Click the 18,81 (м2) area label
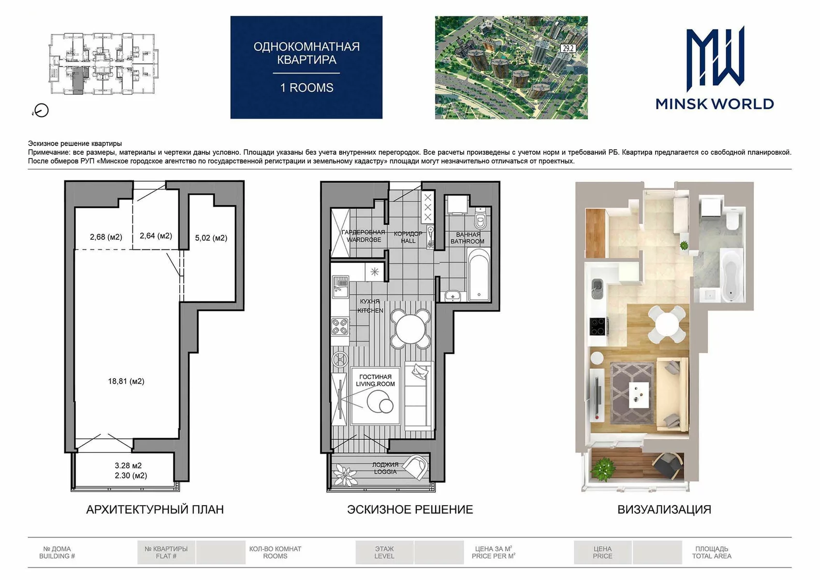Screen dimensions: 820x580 tap(126, 381)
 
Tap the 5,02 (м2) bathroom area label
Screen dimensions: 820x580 tap(211, 238)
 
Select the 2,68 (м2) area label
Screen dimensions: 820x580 tap(106, 237)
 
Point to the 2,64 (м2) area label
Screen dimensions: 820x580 tap(156, 236)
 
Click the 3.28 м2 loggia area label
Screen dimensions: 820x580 tap(128, 465)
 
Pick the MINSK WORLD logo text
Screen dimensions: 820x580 tap(715, 104)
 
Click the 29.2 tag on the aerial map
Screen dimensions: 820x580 tap(568, 48)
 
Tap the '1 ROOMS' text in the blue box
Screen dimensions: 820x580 tap(307, 88)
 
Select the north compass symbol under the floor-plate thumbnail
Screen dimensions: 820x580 tap(41, 111)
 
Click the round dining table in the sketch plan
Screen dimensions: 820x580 tap(410, 329)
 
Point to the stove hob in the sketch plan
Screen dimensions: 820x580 tap(339, 327)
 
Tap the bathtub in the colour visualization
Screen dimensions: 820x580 tap(732, 275)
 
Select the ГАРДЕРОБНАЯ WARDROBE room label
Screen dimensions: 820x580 tap(364, 236)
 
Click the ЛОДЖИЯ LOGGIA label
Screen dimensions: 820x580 tap(385, 468)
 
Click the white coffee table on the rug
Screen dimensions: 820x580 tap(639, 395)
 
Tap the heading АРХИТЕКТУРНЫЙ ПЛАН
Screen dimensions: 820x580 tap(155, 509)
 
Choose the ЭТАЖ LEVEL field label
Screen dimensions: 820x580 tap(384, 552)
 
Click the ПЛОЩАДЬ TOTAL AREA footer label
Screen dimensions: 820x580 tap(712, 552)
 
